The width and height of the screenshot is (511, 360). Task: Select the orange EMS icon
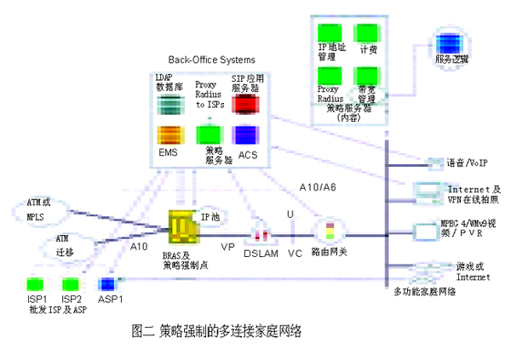pos(168,135)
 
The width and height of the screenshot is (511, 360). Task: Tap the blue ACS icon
pos(246,135)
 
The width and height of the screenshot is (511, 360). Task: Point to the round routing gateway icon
pos(328,231)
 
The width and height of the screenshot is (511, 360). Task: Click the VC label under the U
pos(296,252)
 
